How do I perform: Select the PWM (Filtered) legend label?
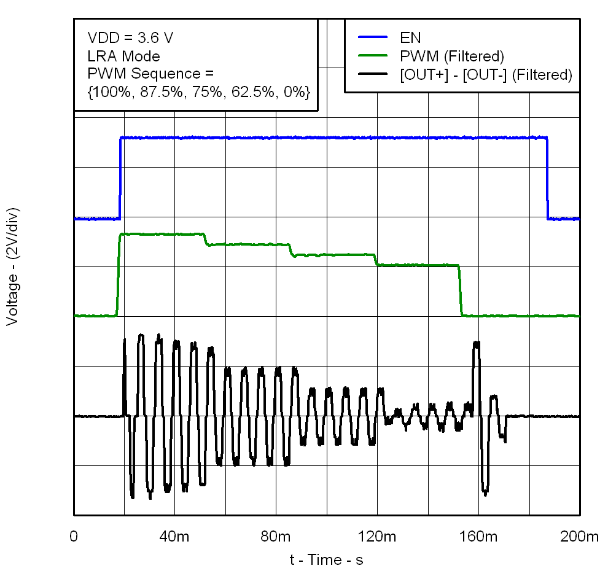451,56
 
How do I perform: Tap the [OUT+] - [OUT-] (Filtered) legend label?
486,75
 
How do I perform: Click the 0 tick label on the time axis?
74,536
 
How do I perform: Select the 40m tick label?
175,536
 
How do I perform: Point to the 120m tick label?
377,536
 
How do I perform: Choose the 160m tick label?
478,536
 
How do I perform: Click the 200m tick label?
578,536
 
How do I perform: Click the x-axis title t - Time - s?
326,559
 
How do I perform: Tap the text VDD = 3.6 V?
130,38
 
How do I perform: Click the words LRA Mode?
124,56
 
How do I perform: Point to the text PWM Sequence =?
150,74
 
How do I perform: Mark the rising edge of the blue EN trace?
120,178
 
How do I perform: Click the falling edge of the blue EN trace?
547,178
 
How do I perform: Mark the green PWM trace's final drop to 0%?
460,290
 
